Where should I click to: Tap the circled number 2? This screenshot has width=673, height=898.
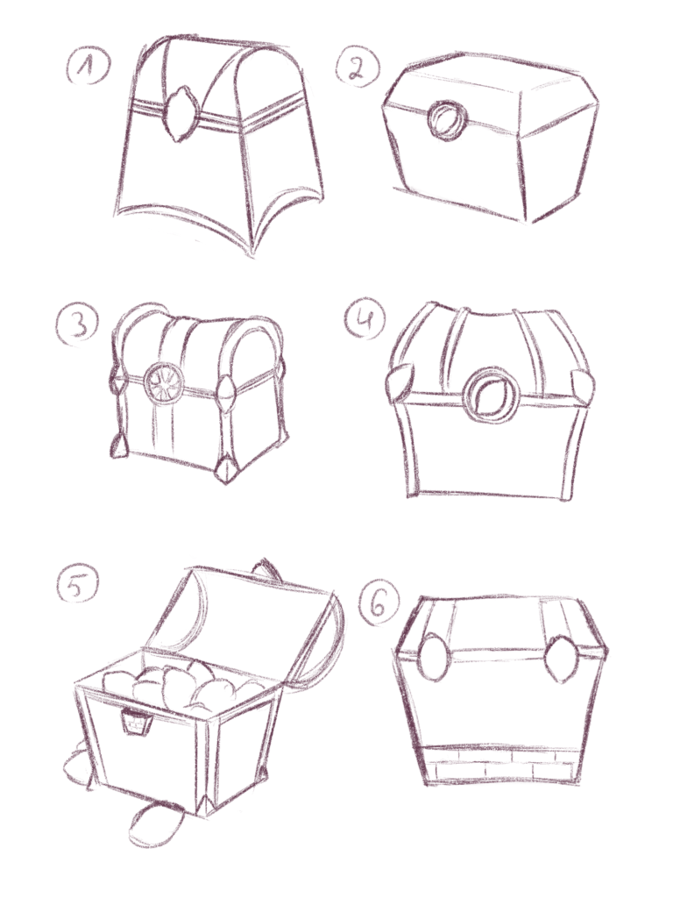point(358,67)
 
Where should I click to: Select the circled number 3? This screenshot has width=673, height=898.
point(77,325)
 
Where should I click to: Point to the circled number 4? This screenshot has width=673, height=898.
point(365,318)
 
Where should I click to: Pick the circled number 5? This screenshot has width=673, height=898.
point(78,584)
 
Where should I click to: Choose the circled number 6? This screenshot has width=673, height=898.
point(379,604)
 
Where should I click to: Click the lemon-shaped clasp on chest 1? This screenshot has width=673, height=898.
point(181,113)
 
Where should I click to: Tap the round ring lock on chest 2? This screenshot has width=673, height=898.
point(447,120)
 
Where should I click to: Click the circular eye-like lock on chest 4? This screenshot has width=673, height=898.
point(492,396)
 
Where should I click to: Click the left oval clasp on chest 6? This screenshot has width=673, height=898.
point(433,656)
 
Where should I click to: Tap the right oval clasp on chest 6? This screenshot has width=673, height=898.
point(562,658)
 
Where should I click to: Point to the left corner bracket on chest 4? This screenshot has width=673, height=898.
point(401,379)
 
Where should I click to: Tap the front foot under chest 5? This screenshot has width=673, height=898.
point(154,823)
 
